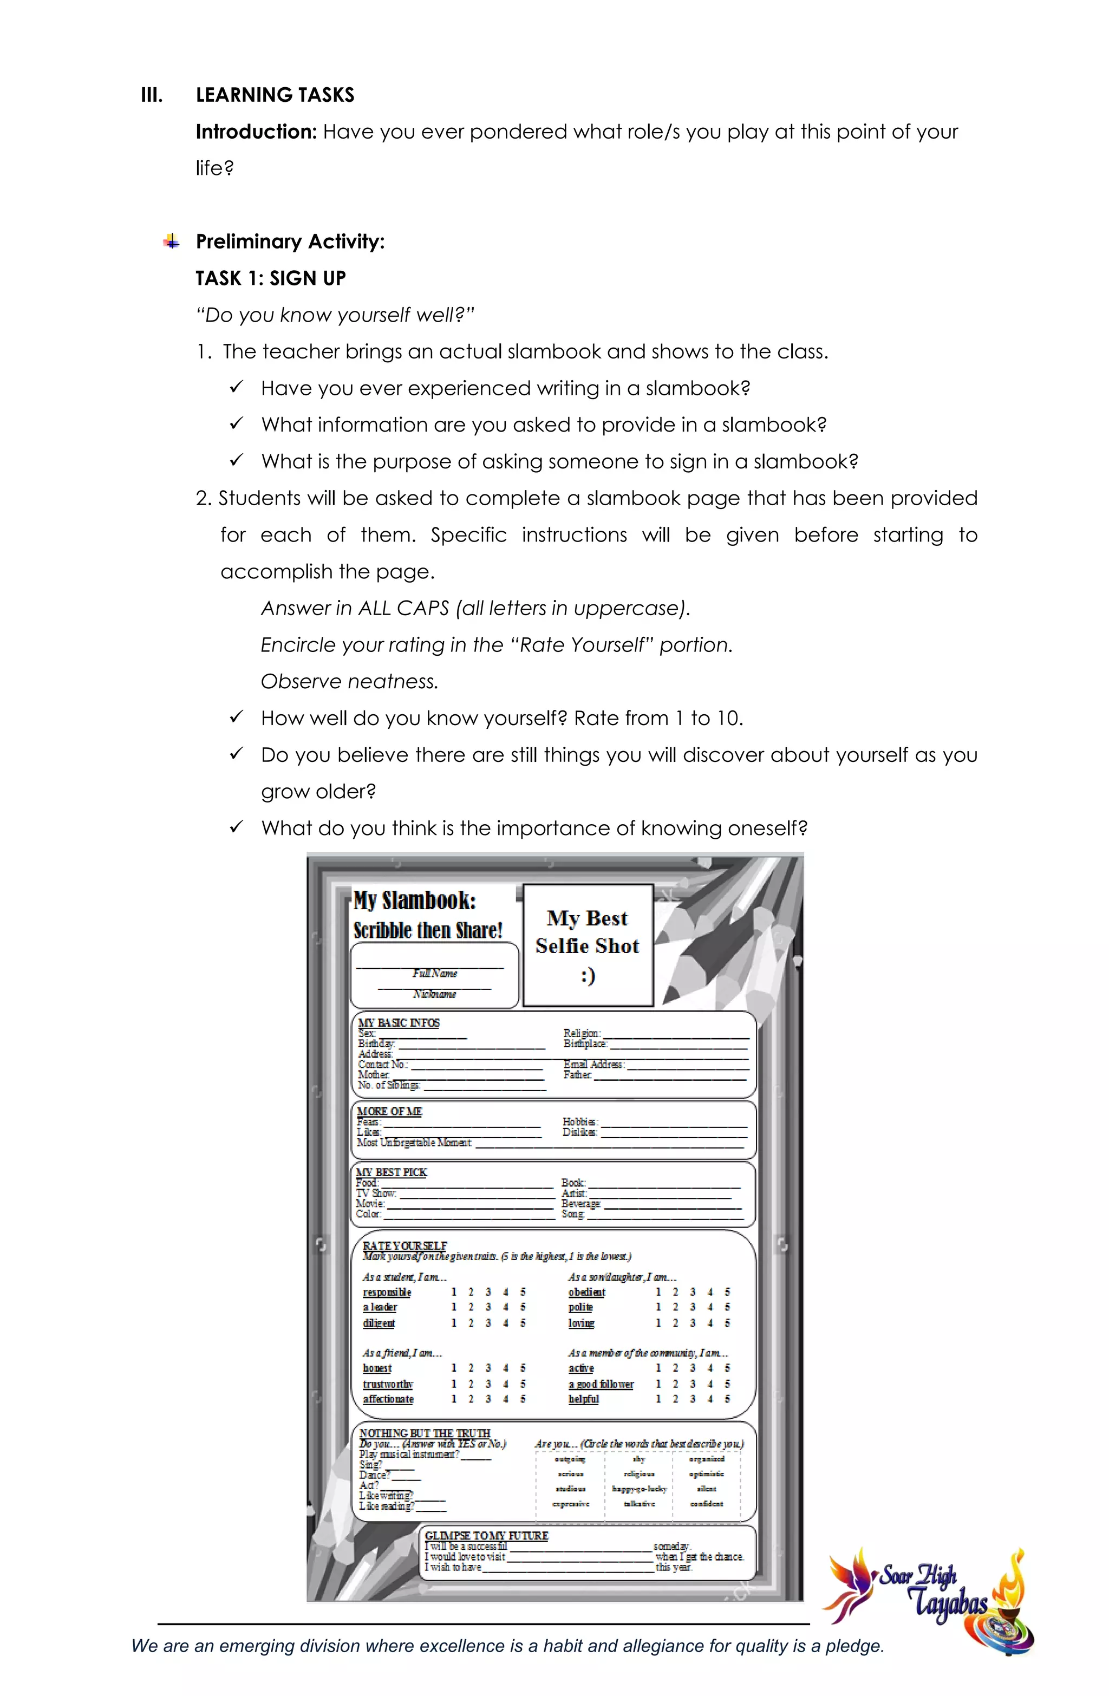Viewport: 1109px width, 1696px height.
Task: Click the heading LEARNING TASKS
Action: [275, 95]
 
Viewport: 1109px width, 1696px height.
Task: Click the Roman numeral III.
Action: [152, 95]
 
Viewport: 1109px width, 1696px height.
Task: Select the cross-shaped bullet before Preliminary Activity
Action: [171, 242]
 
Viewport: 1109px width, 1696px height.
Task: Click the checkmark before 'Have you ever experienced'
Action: [237, 387]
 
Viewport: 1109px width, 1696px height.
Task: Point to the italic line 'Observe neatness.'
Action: [349, 682]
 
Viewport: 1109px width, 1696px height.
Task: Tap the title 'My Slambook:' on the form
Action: [415, 901]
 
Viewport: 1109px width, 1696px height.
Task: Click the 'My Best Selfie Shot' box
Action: [588, 945]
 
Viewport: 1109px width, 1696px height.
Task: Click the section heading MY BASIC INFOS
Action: [399, 1022]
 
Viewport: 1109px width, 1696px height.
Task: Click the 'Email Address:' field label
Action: [593, 1064]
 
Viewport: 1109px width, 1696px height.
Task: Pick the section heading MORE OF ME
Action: [389, 1111]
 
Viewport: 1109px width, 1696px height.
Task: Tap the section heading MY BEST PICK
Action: [392, 1172]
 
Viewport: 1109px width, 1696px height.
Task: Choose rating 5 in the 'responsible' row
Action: [523, 1292]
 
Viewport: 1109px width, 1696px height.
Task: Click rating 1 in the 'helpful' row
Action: [658, 1399]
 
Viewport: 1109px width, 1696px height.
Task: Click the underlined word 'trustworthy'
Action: [388, 1384]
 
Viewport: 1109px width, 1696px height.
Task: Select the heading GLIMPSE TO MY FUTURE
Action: [487, 1536]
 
